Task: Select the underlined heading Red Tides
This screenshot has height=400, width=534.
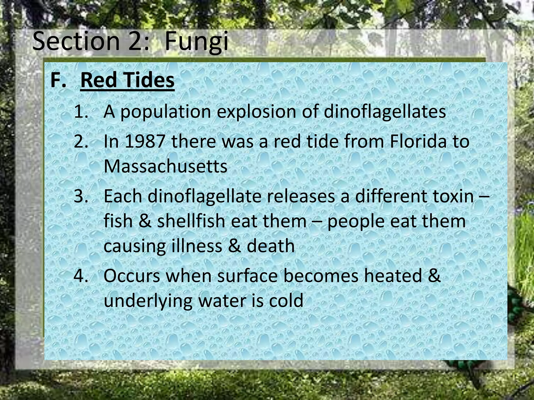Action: tap(127, 80)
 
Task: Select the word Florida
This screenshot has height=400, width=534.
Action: tap(419, 141)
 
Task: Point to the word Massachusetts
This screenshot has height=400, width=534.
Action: tap(166, 166)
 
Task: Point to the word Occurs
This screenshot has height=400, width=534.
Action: tap(132, 276)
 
